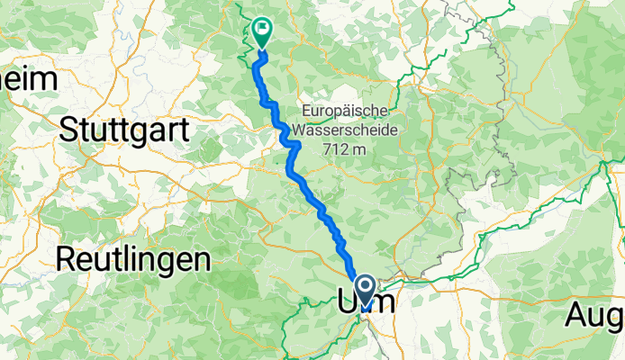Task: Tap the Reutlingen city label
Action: (133, 260)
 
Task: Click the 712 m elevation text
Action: (345, 148)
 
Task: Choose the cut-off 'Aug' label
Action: (595, 316)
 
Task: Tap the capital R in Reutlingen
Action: (65, 260)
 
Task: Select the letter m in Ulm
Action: (384, 303)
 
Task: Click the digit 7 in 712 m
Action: (328, 148)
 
